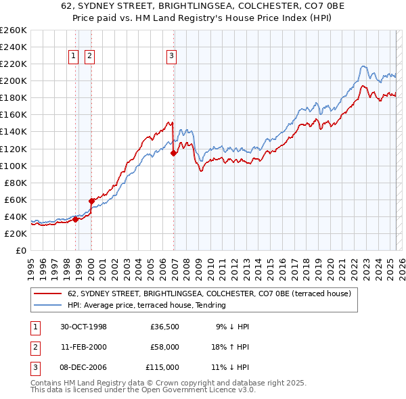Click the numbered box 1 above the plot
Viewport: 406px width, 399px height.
(72, 56)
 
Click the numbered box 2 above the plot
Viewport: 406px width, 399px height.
(89, 56)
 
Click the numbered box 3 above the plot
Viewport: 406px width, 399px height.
(171, 56)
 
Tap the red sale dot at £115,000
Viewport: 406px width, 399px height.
(174, 153)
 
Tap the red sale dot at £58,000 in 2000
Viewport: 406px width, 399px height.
(91, 201)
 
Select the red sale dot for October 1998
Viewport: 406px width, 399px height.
(76, 219)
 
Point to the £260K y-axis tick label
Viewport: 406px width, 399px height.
(14, 30)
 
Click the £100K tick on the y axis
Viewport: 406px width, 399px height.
(14, 166)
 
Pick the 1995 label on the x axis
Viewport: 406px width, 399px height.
(31, 264)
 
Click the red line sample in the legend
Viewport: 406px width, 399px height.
(48, 294)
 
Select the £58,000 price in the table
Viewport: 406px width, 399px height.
(164, 347)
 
